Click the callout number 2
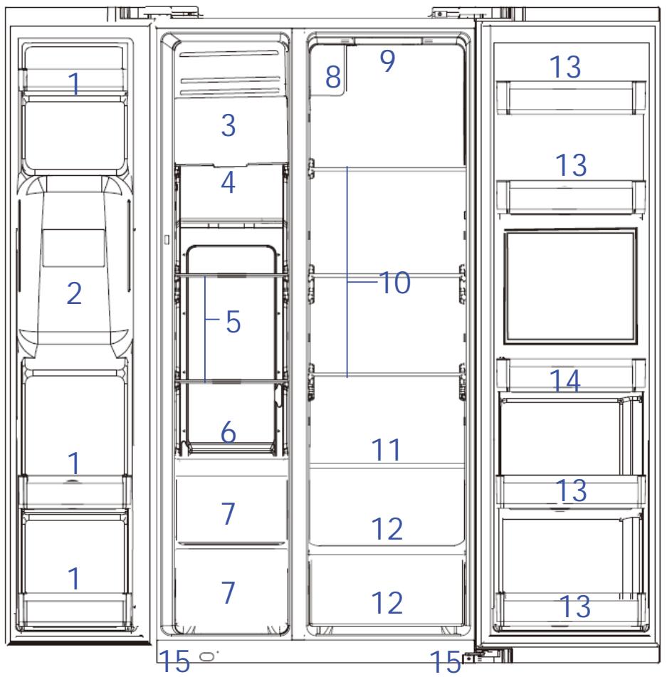point(74,293)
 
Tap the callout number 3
point(229,125)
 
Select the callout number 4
point(228,182)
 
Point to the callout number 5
point(233,322)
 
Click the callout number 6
point(229,432)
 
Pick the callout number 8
point(333,77)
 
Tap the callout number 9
point(388,61)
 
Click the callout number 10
point(394,283)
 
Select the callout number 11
point(386,449)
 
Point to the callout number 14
point(564,380)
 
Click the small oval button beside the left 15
point(207,656)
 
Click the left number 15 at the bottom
point(174,661)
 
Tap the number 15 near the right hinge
point(445,661)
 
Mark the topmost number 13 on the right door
point(565,67)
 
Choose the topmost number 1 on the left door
point(74,83)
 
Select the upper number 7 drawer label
point(229,513)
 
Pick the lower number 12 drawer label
point(387,603)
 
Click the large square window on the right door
point(570,286)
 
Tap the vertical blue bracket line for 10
point(347,272)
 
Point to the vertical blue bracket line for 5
point(205,330)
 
